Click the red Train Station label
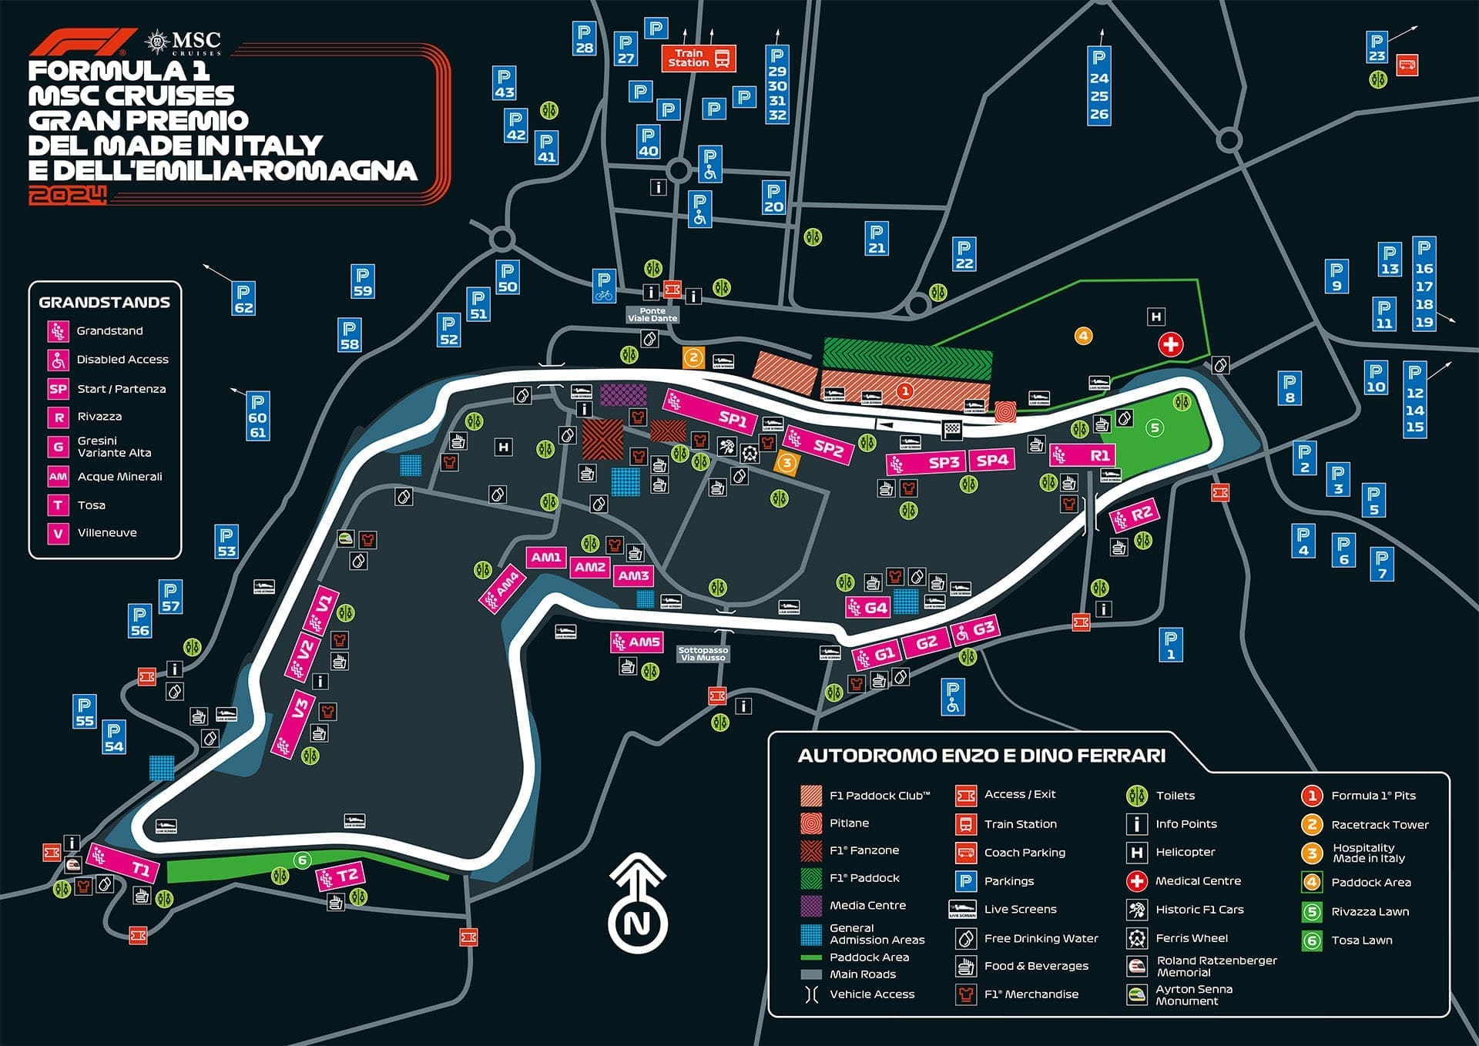(698, 59)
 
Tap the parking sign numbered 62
(243, 298)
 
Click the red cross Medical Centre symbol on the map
(1170, 344)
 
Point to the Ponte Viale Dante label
(652, 315)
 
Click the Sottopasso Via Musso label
(703, 654)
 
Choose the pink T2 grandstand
(340, 877)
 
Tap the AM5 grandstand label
(636, 642)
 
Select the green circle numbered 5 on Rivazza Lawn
(1154, 427)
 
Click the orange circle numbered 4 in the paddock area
(1083, 336)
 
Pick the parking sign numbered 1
(1170, 645)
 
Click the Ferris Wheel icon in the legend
(1136, 938)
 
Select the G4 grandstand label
(867, 608)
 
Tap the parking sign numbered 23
(1376, 48)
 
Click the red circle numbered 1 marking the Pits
(905, 391)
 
